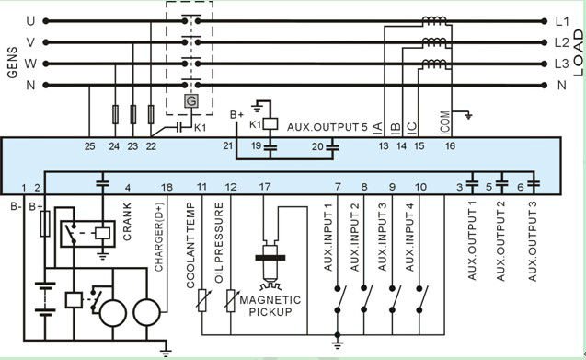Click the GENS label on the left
[13, 63]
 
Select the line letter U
[30, 19]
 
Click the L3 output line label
[561, 64]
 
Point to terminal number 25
[89, 145]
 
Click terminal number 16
[450, 145]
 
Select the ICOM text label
[446, 113]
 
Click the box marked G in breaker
[191, 101]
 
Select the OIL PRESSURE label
[220, 242]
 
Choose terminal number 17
[265, 188]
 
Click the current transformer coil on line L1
[430, 22]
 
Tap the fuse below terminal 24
[114, 114]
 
